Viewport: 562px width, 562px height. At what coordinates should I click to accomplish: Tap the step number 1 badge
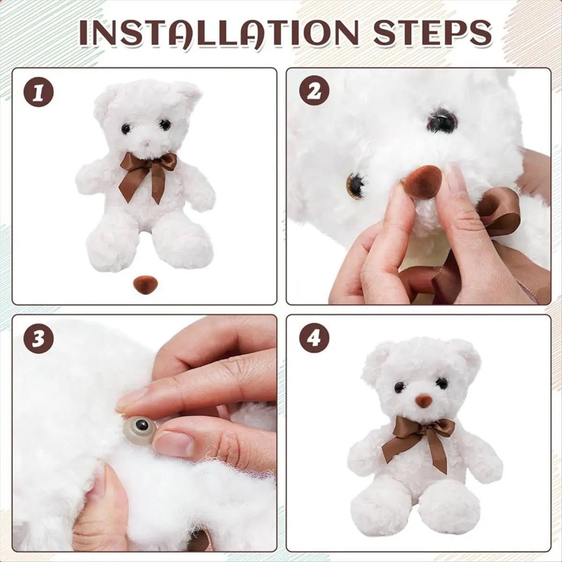(39, 92)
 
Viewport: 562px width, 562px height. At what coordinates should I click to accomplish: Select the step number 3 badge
(39, 339)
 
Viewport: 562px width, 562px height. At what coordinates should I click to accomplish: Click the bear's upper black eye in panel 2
(442, 120)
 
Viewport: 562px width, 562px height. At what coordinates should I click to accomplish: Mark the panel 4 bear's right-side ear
(466, 354)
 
